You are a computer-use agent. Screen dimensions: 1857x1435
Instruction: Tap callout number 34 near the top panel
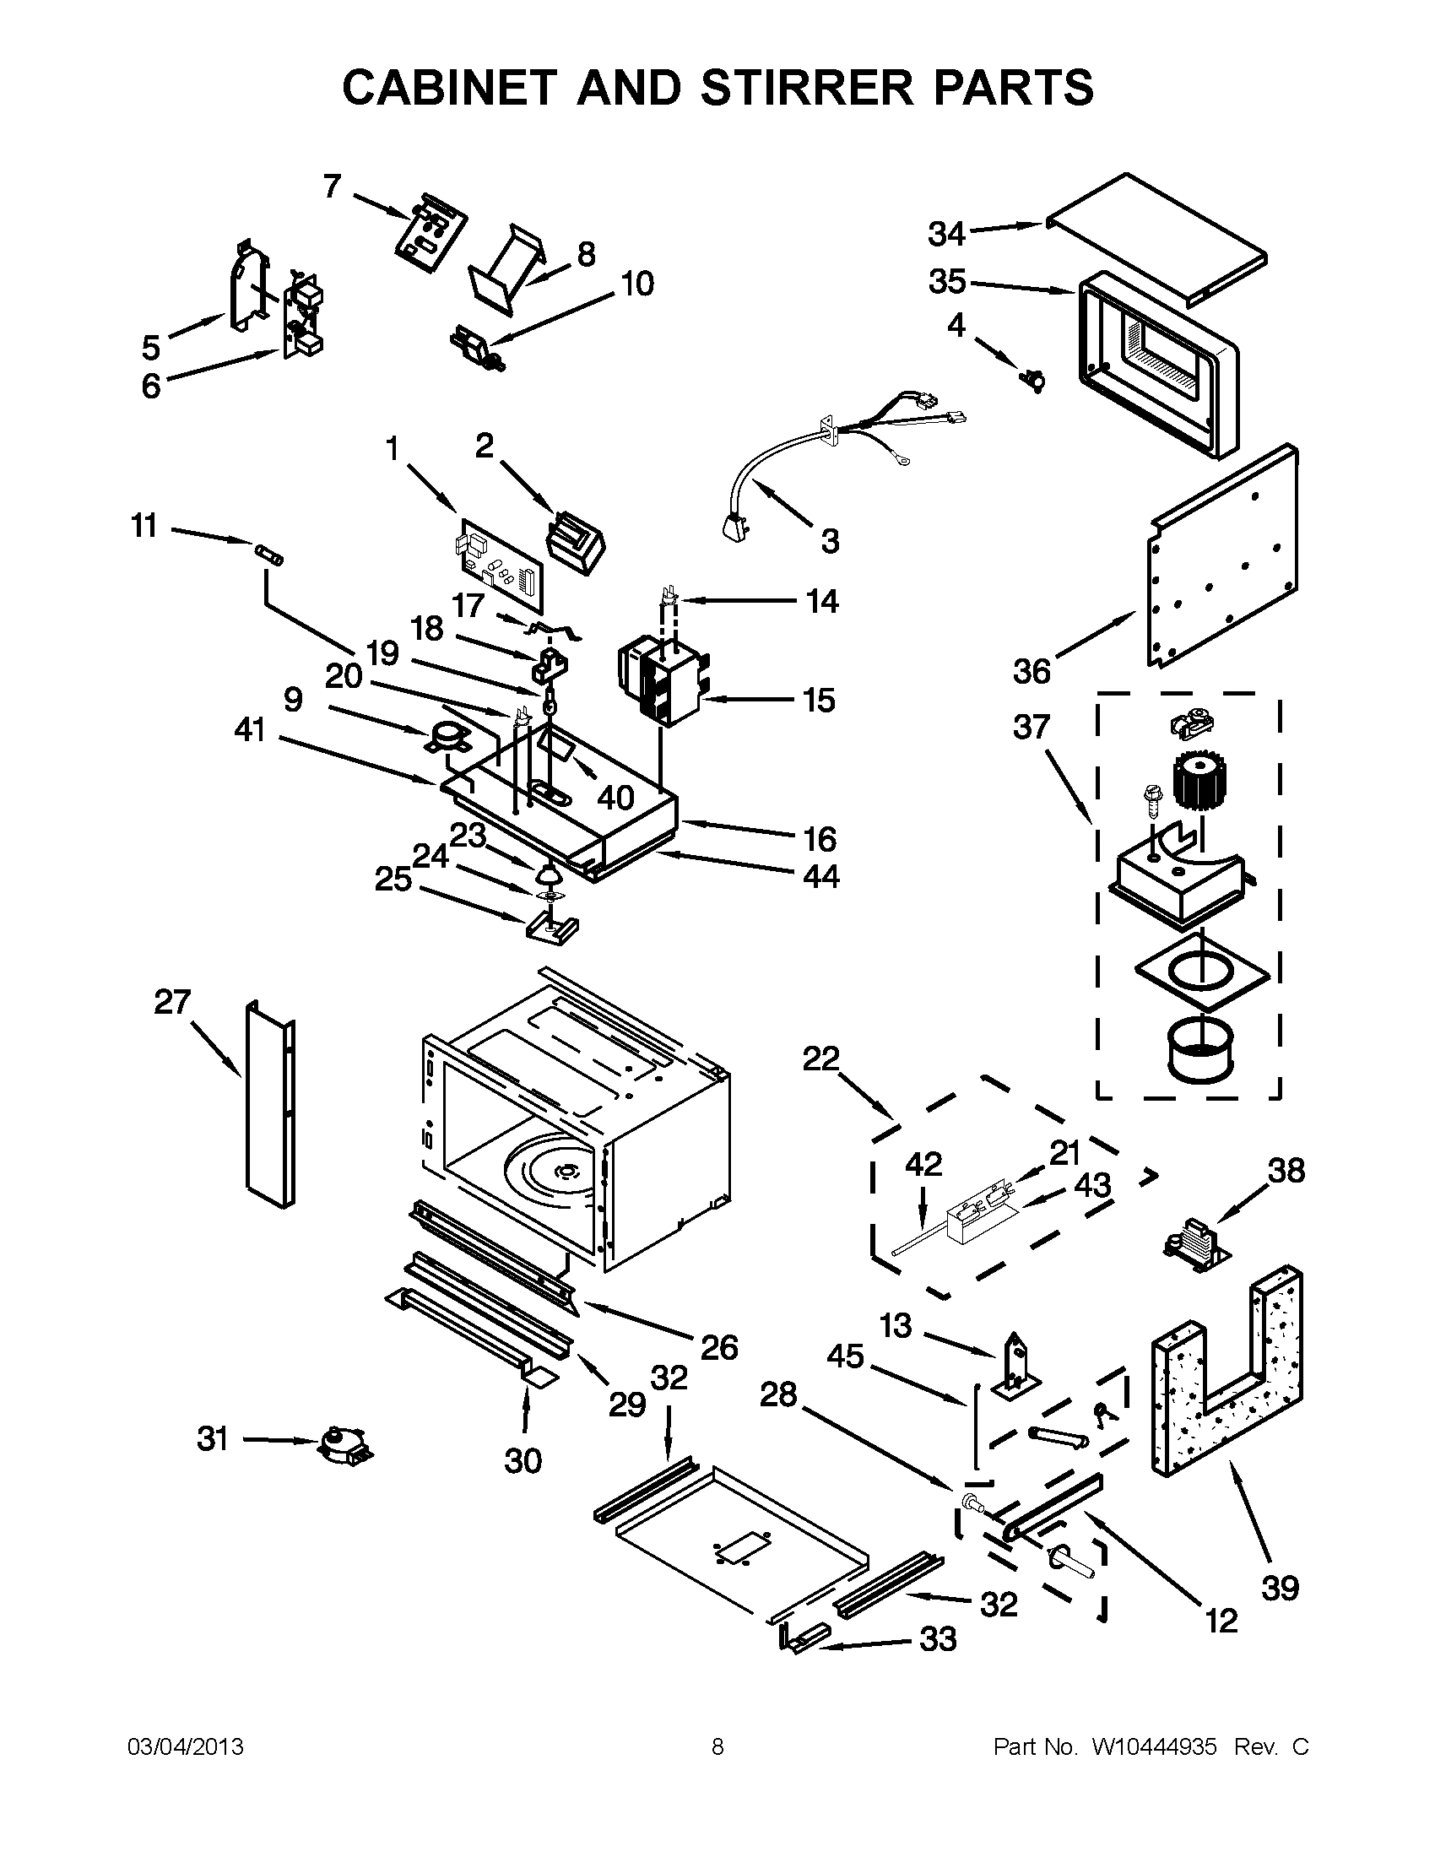[946, 234]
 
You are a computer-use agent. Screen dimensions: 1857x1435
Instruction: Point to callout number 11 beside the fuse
[144, 527]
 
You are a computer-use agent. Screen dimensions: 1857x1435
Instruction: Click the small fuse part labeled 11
[269, 554]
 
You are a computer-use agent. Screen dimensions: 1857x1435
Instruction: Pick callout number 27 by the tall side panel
[171, 1002]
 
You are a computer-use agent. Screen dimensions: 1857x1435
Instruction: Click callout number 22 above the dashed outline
[821, 1058]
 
